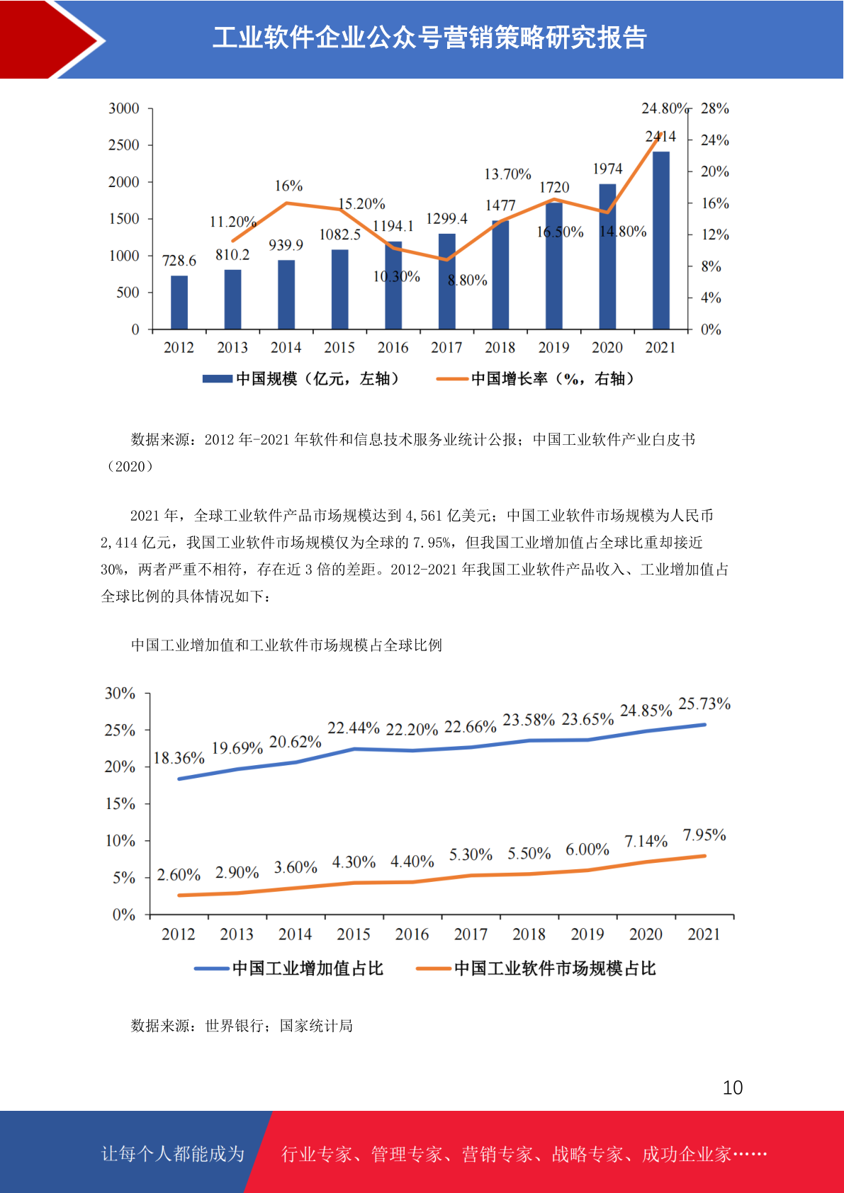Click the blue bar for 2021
coord(660,240)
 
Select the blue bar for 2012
coord(179,303)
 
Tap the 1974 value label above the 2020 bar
coord(607,169)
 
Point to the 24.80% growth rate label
coord(665,108)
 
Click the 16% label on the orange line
coord(288,186)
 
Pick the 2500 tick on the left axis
coord(123,145)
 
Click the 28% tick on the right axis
coord(714,108)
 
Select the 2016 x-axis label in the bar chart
coord(393,347)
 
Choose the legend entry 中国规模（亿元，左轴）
coord(301,379)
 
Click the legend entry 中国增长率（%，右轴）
coord(536,379)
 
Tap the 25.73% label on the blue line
coord(704,703)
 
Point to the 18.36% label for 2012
coord(179,758)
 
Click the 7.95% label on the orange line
coord(704,835)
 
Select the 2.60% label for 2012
coord(179,874)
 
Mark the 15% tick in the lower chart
coord(120,803)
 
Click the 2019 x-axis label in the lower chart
coord(587,934)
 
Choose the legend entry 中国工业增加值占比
coord(289,968)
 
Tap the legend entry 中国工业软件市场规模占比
coord(536,968)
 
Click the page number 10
coord(733,1087)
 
